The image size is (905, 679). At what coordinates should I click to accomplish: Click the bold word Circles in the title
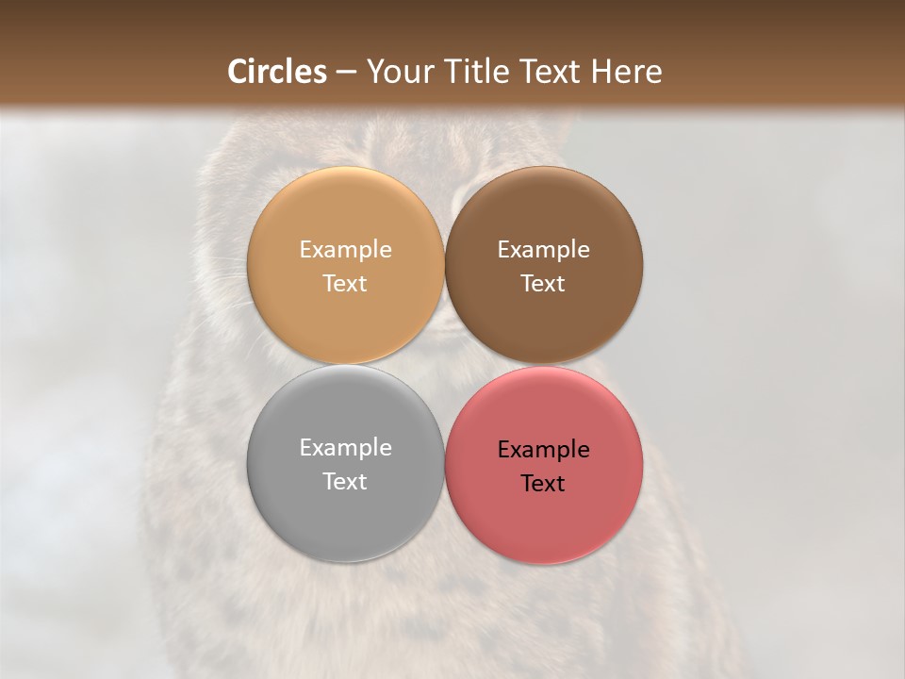277,72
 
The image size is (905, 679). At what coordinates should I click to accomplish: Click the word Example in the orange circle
345,250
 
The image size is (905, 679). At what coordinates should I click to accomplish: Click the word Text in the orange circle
345,284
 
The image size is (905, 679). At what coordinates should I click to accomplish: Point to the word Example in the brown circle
543,250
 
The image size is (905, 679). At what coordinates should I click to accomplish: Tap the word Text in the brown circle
543,284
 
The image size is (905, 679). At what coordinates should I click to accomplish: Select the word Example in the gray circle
345,448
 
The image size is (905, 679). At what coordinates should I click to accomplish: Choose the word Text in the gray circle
345,482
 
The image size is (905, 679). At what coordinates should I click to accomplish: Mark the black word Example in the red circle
543,450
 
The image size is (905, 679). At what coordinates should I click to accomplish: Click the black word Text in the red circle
543,484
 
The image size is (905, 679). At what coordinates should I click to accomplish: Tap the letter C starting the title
239,72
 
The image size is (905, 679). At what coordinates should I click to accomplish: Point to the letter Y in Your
374,72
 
